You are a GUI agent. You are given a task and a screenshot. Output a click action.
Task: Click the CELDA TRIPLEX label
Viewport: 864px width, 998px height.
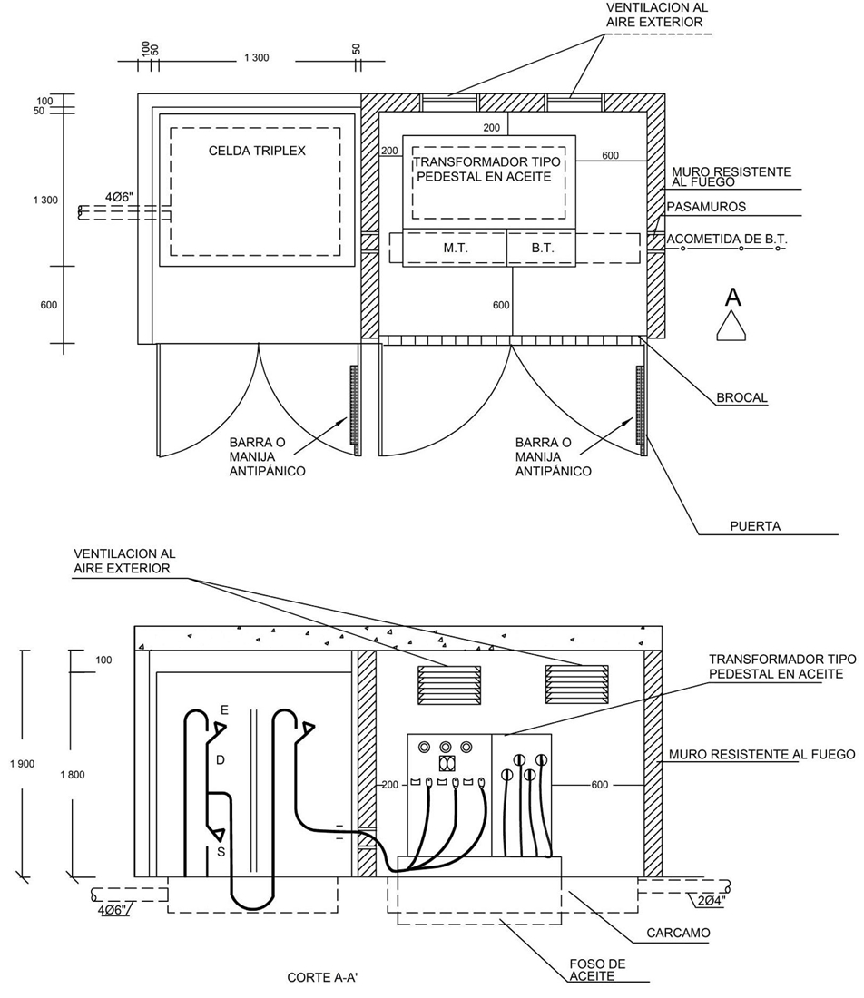click(257, 151)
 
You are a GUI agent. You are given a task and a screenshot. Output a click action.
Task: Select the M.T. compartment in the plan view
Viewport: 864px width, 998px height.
click(456, 248)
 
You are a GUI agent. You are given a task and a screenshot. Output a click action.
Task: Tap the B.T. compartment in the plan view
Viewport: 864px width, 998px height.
click(541, 248)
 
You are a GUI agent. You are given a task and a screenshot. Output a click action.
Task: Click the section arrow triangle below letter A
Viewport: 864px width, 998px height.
click(731, 325)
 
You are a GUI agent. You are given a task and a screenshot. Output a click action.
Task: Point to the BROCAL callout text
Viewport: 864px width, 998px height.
click(741, 397)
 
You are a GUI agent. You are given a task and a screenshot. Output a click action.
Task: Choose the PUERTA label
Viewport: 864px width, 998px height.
click(755, 526)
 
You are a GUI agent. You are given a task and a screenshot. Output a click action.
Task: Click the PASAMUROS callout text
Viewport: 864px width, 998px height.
click(706, 207)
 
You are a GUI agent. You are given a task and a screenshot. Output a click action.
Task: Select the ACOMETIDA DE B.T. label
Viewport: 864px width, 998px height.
click(727, 240)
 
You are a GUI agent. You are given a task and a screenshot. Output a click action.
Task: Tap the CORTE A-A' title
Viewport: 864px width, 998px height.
click(328, 977)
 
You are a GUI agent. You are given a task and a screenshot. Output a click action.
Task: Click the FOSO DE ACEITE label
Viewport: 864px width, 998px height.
click(597, 970)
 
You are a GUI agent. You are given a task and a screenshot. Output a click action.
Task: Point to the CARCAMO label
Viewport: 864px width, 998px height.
click(678, 933)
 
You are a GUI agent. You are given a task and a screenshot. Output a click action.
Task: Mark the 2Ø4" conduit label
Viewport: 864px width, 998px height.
click(710, 901)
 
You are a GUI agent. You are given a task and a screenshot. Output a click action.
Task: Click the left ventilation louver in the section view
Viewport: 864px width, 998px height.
click(449, 685)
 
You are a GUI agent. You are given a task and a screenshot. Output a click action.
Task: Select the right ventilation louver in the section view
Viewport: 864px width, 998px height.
click(577, 685)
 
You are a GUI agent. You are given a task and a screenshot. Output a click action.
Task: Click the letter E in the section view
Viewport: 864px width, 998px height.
click(224, 710)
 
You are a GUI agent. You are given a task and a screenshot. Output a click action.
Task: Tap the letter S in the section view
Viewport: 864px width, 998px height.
click(221, 852)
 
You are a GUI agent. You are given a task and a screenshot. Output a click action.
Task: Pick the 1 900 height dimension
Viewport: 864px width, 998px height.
click(23, 764)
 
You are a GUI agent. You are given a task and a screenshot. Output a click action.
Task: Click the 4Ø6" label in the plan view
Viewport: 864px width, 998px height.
click(120, 197)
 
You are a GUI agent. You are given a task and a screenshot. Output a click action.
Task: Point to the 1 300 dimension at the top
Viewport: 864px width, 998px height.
click(257, 58)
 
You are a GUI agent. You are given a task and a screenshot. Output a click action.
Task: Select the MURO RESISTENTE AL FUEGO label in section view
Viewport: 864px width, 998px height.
click(761, 754)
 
